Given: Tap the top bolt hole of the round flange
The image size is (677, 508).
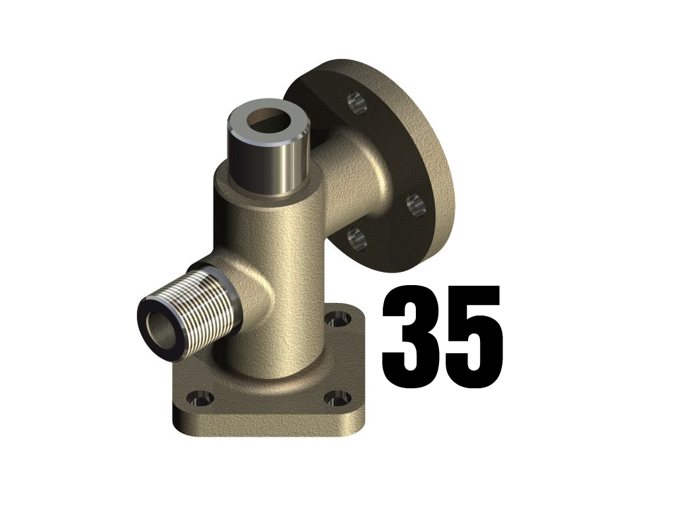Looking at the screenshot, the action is pos(356,103).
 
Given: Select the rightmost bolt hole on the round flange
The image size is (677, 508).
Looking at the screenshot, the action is pos(415,204).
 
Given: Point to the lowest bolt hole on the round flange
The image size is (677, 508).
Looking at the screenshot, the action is pos(355,238).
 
